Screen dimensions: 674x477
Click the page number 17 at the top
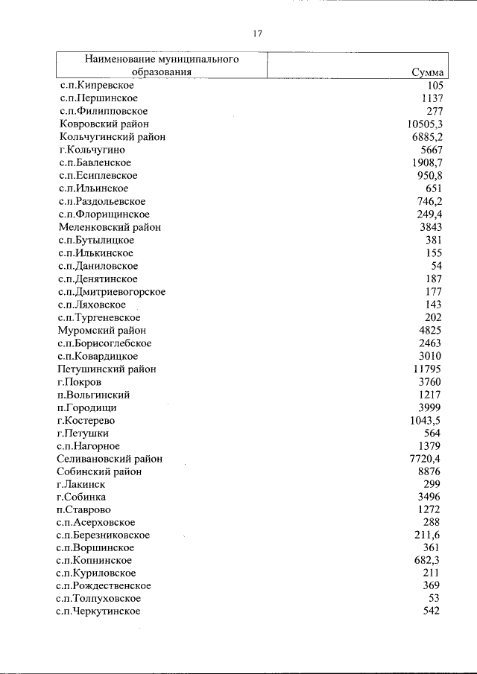257,34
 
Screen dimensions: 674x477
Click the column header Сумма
428,73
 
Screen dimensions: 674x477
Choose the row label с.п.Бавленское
95,163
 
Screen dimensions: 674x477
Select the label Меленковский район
109,227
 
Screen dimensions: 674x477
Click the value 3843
431,227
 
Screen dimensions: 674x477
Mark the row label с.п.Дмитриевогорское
111,292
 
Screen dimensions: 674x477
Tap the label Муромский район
102,331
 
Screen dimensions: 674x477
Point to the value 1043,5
424,421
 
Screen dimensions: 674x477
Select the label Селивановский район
110,459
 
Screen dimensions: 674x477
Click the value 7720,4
424,459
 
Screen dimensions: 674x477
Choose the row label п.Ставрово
83,510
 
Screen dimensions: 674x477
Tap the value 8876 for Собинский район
430,471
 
